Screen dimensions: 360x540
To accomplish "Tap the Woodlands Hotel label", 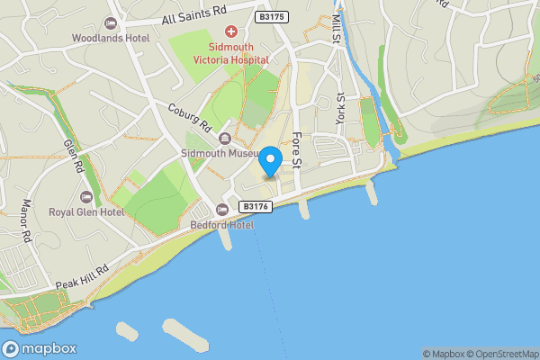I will [x=112, y=38].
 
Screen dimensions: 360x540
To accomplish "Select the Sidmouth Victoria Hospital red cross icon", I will [x=230, y=32].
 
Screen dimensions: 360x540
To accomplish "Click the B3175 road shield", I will [x=273, y=17].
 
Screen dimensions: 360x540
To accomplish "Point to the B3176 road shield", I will [x=254, y=206].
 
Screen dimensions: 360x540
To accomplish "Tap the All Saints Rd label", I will [x=194, y=17].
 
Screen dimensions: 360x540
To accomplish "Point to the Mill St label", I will [x=337, y=27].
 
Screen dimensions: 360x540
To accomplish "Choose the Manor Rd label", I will [x=27, y=220].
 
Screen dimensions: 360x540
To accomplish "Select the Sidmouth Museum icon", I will [x=224, y=138].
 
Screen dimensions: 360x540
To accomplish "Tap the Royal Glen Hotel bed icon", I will [x=86, y=196].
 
